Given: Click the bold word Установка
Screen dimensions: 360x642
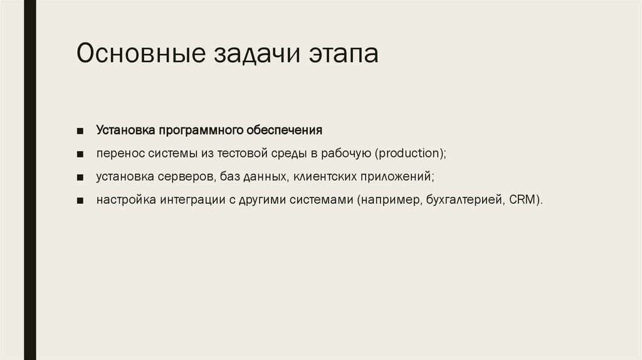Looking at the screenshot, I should pos(125,130).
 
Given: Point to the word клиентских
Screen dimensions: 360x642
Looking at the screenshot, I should pos(325,177).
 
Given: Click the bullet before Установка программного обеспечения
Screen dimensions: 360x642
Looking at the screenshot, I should pos(81,131).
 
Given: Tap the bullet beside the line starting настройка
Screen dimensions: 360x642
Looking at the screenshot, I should pos(81,201).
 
